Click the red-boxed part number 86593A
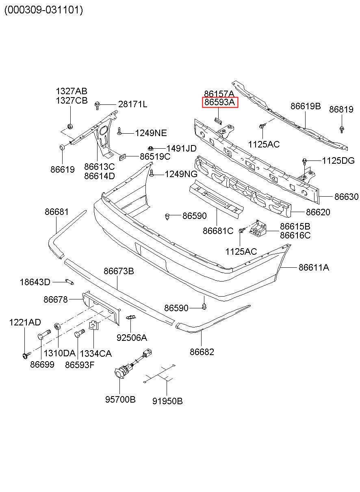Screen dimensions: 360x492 [220, 102]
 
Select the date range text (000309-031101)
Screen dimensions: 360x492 [44, 10]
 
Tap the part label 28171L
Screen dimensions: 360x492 [133, 104]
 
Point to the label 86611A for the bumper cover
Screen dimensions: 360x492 [314, 267]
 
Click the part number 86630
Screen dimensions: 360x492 [346, 197]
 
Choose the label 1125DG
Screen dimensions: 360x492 [338, 161]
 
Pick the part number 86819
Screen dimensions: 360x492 [341, 109]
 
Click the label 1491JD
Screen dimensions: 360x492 [181, 149]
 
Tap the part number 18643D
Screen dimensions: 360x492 [35, 282]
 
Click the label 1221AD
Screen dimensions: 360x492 [25, 322]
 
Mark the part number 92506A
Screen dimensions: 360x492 [132, 338]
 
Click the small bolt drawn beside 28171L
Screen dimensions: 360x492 [97, 106]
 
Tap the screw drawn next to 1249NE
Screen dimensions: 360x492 [119, 131]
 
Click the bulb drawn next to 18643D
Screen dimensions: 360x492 [70, 282]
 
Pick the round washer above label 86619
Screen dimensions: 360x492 [62, 147]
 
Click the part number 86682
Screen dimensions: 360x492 [202, 352]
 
